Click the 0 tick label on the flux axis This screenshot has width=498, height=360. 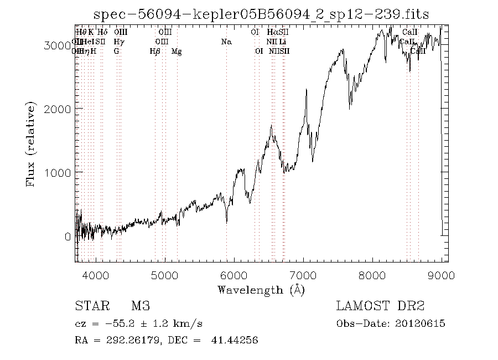pyautogui.click(x=68, y=236)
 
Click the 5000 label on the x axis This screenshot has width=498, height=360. pyautogui.click(x=164, y=275)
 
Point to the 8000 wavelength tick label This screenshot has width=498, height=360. pyautogui.click(x=372, y=275)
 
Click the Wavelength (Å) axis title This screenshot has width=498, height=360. pyautogui.click(x=261, y=290)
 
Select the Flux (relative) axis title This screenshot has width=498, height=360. pyautogui.click(x=31, y=144)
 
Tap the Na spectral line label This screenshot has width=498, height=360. pyautogui.click(x=226, y=42)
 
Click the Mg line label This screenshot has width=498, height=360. pyautogui.click(x=177, y=52)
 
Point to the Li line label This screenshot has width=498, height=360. pyautogui.click(x=283, y=42)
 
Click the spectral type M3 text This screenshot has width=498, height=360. pyautogui.click(x=141, y=306)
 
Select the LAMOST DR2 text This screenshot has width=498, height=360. pyautogui.click(x=380, y=306)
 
